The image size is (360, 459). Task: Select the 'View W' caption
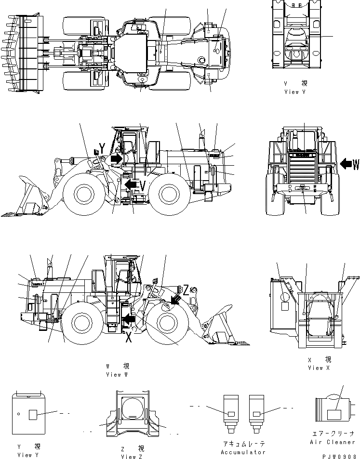pyautogui.click(x=117, y=374)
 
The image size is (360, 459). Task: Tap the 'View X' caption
pyautogui.click(x=319, y=367)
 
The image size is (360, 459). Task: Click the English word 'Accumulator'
pyautogui.click(x=243, y=452)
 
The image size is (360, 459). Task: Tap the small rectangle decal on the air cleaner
pyautogui.click(x=333, y=415)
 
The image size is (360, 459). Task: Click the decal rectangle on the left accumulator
pyautogui.click(x=231, y=414)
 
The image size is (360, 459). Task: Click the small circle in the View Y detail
pyautogui.click(x=18, y=414)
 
